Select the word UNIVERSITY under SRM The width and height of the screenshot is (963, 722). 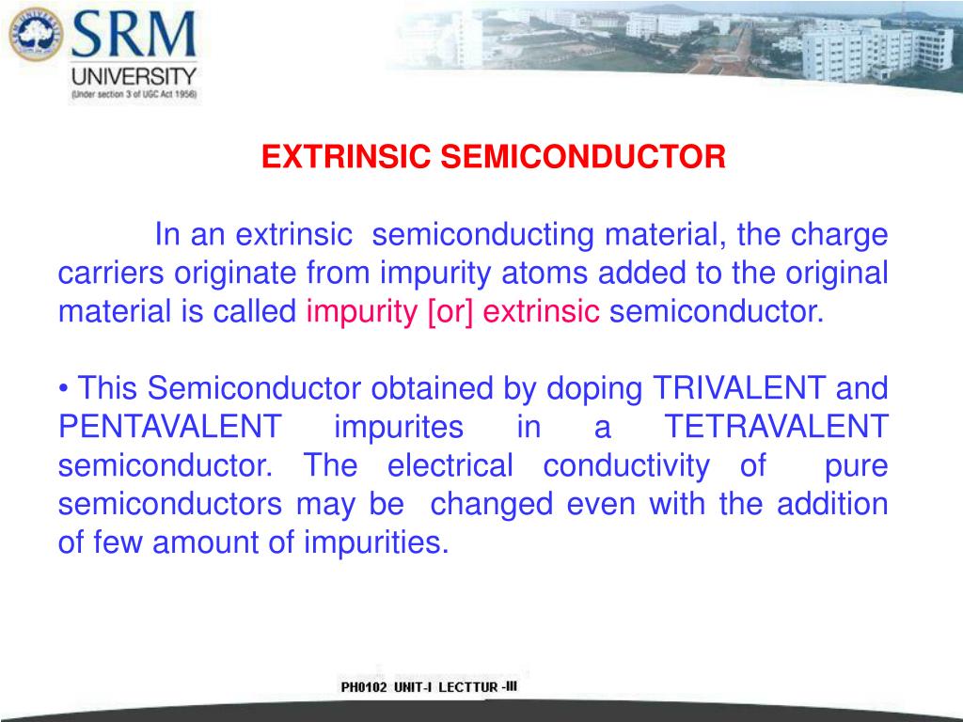coord(134,77)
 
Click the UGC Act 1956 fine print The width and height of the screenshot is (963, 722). coord(134,96)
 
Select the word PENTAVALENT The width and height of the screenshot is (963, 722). coord(169,428)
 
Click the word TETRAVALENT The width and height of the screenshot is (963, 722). coord(777,428)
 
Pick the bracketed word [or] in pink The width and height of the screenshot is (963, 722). coord(450,311)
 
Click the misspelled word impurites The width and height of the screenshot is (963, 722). coord(399,428)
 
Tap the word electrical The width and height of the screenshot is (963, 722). coord(450,466)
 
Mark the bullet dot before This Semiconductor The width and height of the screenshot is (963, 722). coord(63,388)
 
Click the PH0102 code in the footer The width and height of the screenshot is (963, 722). coord(364,688)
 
